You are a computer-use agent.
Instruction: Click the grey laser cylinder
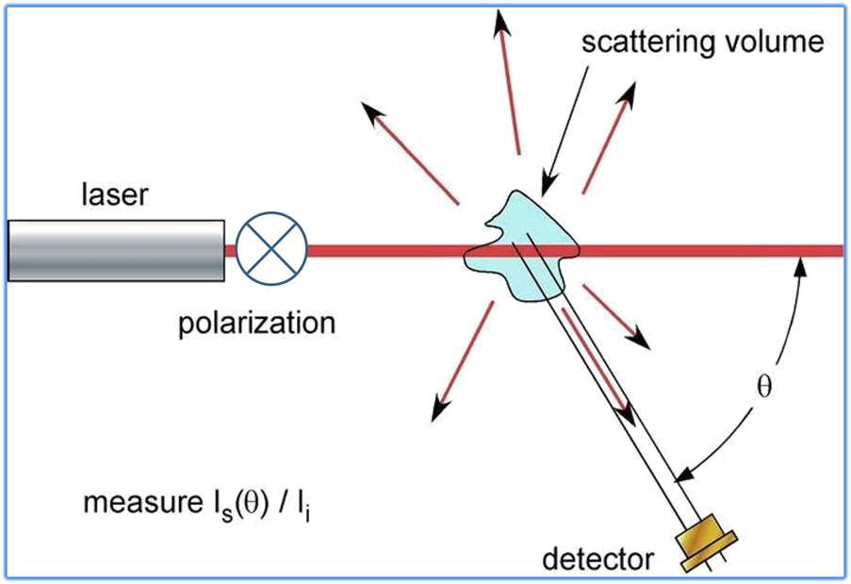tap(116, 250)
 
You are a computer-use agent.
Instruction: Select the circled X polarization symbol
tap(271, 250)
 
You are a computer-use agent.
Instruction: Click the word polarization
tap(256, 323)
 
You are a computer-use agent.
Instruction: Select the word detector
tap(597, 559)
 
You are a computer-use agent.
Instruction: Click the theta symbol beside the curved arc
tap(764, 387)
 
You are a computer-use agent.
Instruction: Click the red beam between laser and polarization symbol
tap(229, 250)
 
